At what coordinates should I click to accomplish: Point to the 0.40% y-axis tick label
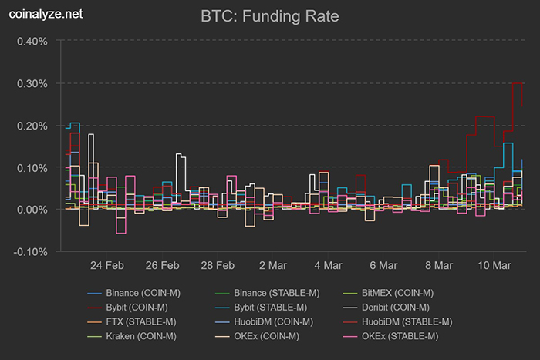tap(32, 41)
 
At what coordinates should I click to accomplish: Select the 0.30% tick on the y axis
tap(32, 83)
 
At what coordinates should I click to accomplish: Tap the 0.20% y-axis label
tap(32, 126)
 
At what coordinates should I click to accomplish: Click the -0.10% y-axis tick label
tap(31, 252)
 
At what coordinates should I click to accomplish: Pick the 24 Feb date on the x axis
tap(107, 266)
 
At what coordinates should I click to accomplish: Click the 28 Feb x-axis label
tap(218, 266)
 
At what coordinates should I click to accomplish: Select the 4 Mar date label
tap(328, 266)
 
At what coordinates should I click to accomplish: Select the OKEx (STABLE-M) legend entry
tap(401, 335)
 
